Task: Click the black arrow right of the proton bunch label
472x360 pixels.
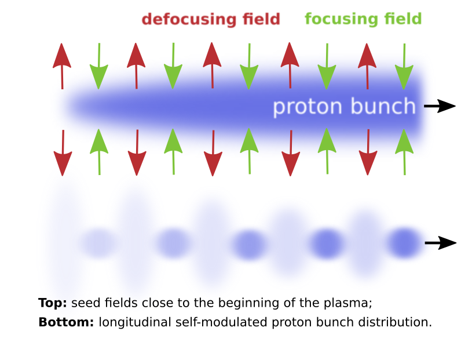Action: pyautogui.click(x=440, y=106)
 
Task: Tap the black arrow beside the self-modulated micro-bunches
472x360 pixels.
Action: pyautogui.click(x=441, y=243)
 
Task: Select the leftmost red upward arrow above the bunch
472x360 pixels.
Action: pyautogui.click(x=62, y=66)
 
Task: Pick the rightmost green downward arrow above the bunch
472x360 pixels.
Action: pyautogui.click(x=404, y=67)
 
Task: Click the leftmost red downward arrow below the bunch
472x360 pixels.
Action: pyautogui.click(x=63, y=153)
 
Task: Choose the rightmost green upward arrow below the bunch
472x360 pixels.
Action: pyautogui.click(x=404, y=152)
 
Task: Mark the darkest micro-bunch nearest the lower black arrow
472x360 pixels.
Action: pyautogui.click(x=404, y=243)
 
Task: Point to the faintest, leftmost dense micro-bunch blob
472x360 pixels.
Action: pyautogui.click(x=98, y=243)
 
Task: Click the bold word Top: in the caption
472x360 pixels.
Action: pyautogui.click(x=53, y=303)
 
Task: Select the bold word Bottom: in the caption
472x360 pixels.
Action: pyautogui.click(x=66, y=322)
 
